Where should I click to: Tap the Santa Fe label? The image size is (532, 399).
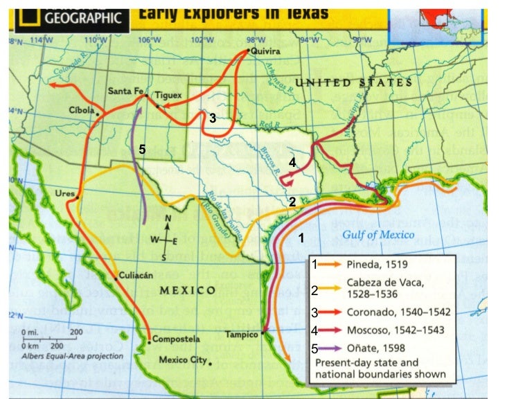125,91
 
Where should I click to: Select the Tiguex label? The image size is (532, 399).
168,94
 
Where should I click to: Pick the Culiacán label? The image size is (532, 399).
138,274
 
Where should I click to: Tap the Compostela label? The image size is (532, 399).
176,339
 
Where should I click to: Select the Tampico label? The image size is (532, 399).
242,335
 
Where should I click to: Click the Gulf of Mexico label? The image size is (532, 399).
378,235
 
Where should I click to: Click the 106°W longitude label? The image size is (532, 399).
145,39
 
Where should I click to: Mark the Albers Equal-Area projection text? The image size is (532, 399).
73,356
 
